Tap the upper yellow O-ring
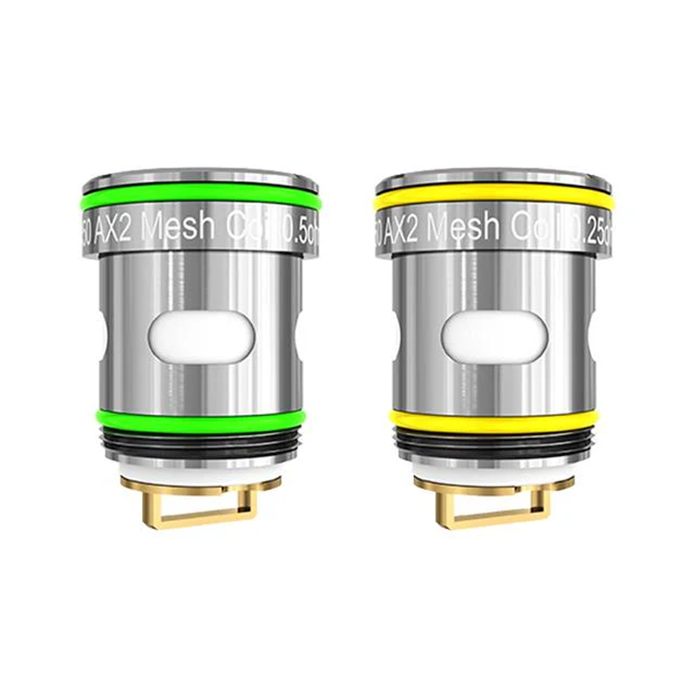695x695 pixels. coord(493,202)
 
